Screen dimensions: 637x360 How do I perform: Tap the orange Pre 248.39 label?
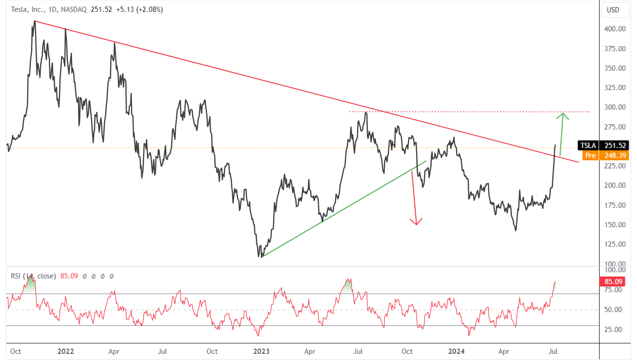(x=605, y=156)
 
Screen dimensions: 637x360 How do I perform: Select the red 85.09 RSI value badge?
(x=613, y=281)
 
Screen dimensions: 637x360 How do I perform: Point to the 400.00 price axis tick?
(x=615, y=29)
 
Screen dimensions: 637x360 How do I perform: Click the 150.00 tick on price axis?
(x=615, y=224)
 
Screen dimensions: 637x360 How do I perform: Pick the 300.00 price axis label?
(x=615, y=107)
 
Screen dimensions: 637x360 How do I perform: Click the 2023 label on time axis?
(x=261, y=351)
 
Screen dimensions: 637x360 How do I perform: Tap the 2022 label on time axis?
(x=66, y=351)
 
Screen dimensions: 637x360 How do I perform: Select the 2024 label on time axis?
(x=456, y=351)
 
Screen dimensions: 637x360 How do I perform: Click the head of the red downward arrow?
(x=416, y=224)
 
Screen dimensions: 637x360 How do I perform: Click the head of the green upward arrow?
(x=563, y=113)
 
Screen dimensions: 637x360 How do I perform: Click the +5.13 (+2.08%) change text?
(x=140, y=9)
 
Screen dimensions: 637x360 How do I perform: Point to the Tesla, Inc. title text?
(x=28, y=9)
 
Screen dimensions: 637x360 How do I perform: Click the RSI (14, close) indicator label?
(x=33, y=276)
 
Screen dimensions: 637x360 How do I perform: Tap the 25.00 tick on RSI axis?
(x=615, y=330)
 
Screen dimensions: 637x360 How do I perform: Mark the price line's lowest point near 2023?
(x=261, y=257)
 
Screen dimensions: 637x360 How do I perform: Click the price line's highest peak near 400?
(x=35, y=21)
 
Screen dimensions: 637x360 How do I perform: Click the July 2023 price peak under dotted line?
(x=366, y=113)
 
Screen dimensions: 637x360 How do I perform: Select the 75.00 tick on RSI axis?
(x=615, y=290)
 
